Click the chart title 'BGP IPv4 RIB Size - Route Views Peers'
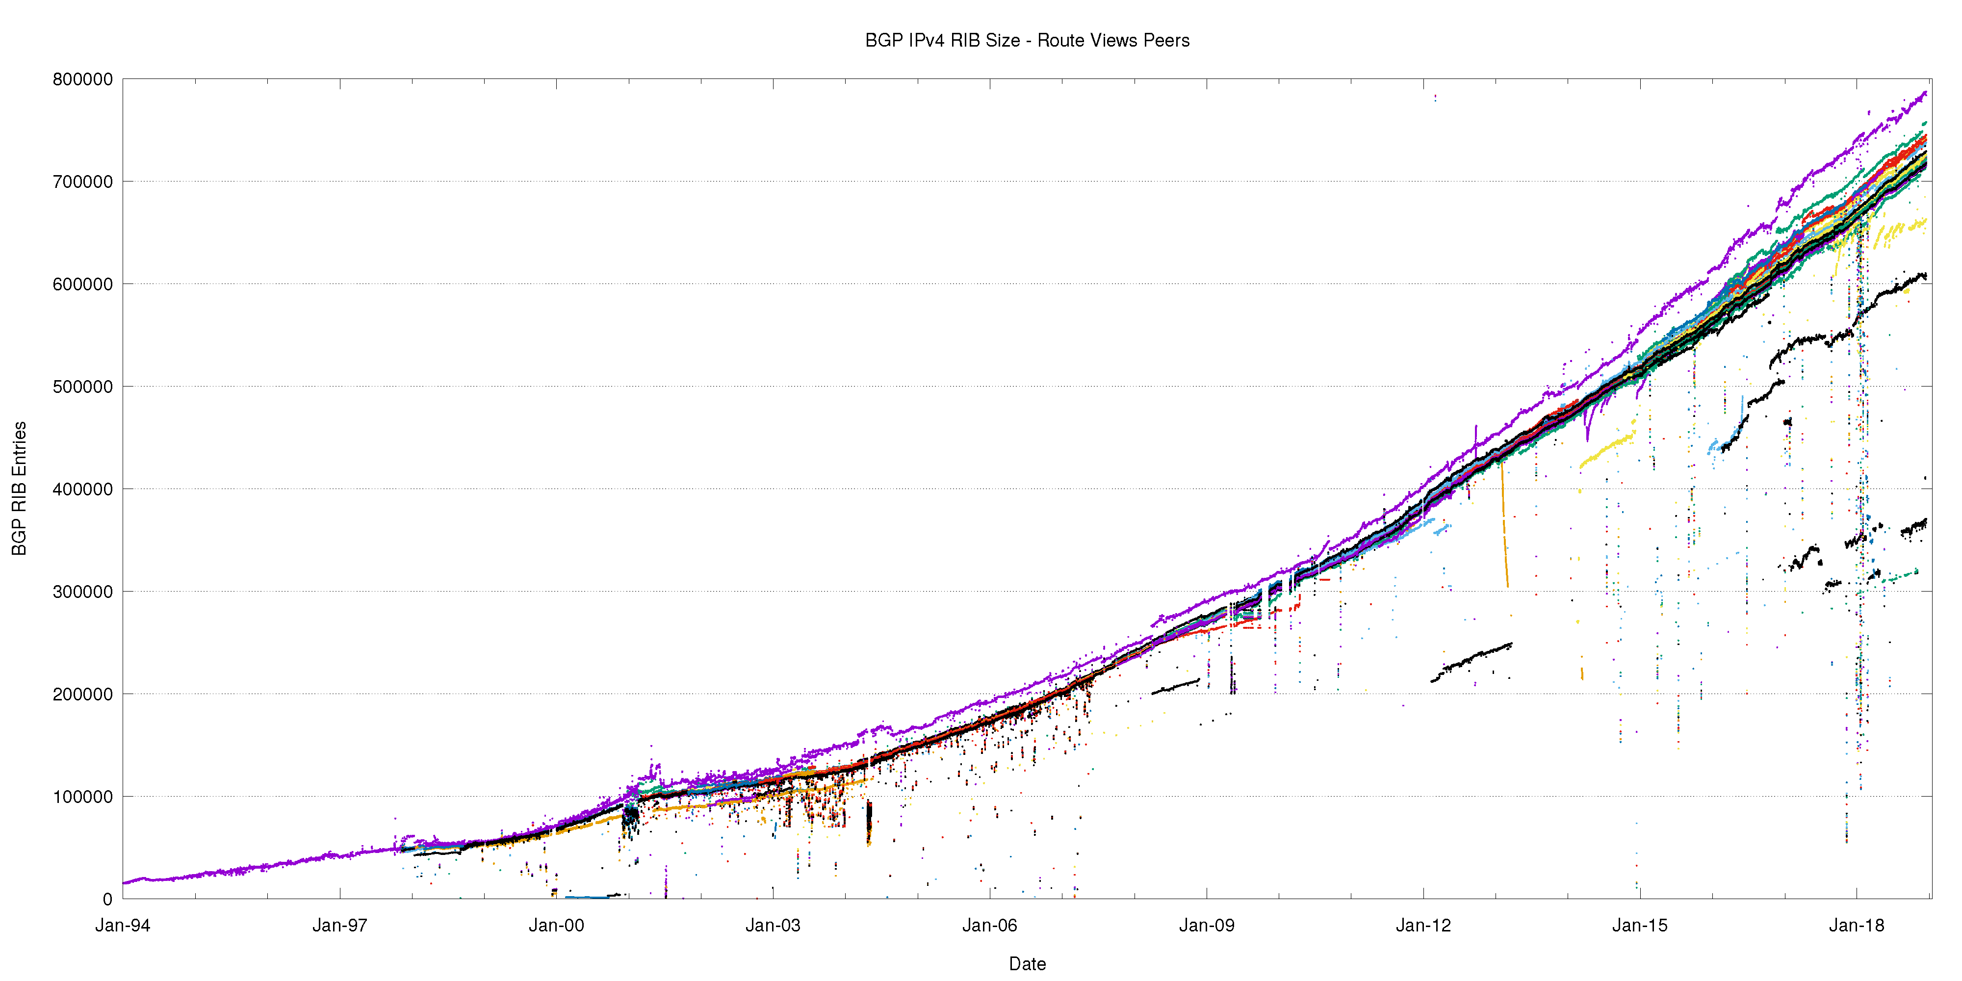coord(1027,40)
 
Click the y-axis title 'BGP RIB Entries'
coord(19,488)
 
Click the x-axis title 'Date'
coord(1027,963)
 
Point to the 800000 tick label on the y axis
coord(82,79)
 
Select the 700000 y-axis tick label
coord(82,181)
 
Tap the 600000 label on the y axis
coord(82,284)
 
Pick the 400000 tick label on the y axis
coord(82,489)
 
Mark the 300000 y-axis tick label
coord(82,592)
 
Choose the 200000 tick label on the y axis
coord(82,694)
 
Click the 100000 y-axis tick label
coord(82,797)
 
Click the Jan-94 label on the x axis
coord(123,926)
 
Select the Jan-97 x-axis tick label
coord(340,926)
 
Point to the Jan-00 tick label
coord(556,926)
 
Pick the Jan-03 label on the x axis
coord(773,926)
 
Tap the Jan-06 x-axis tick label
coord(989,926)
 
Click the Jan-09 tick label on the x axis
coord(1207,926)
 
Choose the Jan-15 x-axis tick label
coord(1640,926)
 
